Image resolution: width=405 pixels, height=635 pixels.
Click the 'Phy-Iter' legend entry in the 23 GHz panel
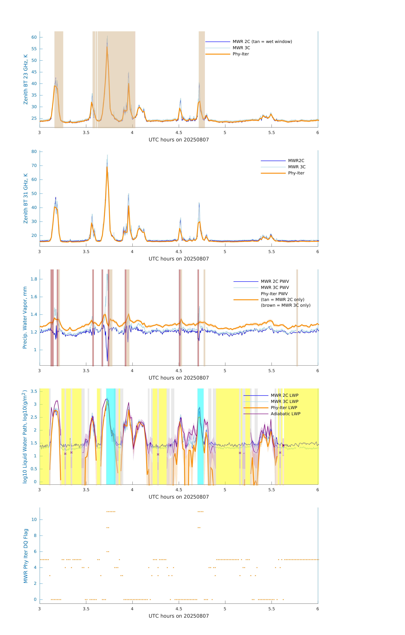click(x=241, y=54)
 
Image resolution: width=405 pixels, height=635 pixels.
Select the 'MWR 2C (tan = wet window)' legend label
click(x=262, y=42)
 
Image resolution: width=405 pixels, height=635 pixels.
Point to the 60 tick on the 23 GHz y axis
click(x=34, y=37)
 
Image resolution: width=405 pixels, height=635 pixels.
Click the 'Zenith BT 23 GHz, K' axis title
click(x=26, y=79)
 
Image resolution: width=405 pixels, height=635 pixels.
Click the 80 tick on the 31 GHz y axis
click(x=34, y=152)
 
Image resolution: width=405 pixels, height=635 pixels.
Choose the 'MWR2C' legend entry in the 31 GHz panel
click(x=296, y=161)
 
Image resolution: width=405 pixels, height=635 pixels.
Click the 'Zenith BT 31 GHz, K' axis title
click(x=26, y=198)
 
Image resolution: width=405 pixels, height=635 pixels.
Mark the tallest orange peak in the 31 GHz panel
click(x=107, y=167)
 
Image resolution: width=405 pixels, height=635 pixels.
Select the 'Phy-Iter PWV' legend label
click(x=274, y=294)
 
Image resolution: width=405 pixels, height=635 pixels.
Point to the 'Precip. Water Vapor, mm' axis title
click(x=25, y=317)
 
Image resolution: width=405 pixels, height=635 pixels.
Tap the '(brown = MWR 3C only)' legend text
click(x=285, y=305)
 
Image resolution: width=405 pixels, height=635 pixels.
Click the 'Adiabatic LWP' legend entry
click(x=285, y=414)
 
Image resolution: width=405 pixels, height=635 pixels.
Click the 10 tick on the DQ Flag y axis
click(x=34, y=520)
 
